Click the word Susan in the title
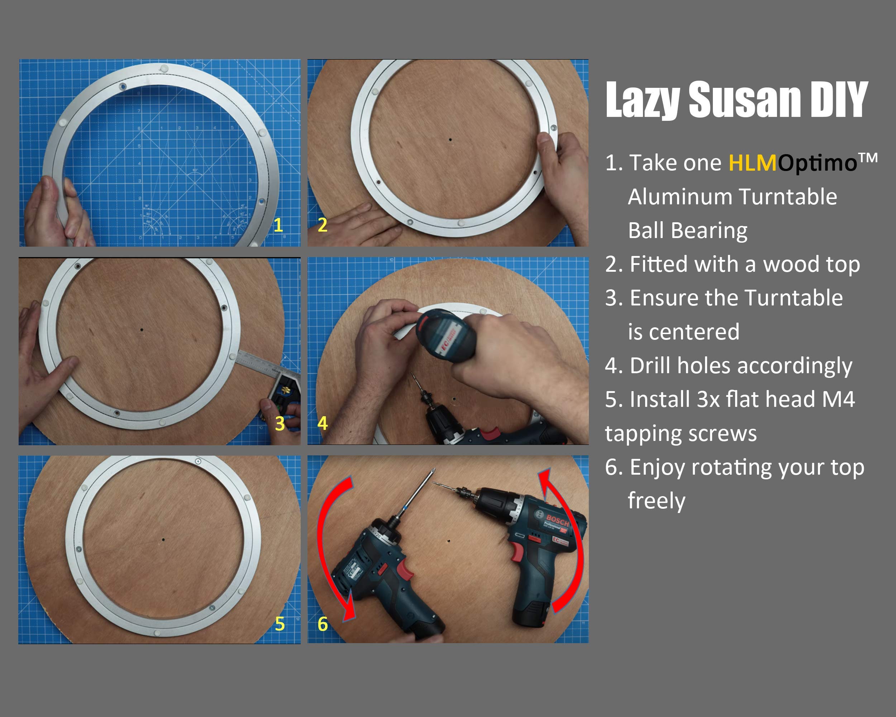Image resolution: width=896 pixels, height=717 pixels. [744, 99]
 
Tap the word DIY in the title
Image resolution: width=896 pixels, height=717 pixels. [838, 99]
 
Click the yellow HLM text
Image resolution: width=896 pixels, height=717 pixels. [753, 162]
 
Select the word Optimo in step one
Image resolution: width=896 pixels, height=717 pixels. [817, 163]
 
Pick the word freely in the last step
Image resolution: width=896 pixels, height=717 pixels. [657, 501]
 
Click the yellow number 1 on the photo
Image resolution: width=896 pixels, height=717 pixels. [278, 225]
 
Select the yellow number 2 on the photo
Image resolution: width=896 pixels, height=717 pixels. [323, 225]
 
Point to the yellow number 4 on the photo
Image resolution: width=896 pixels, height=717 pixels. [323, 423]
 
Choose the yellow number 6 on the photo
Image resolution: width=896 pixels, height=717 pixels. [323, 624]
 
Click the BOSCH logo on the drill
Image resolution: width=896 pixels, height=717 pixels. [557, 521]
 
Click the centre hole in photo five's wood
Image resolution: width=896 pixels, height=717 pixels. [163, 540]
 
